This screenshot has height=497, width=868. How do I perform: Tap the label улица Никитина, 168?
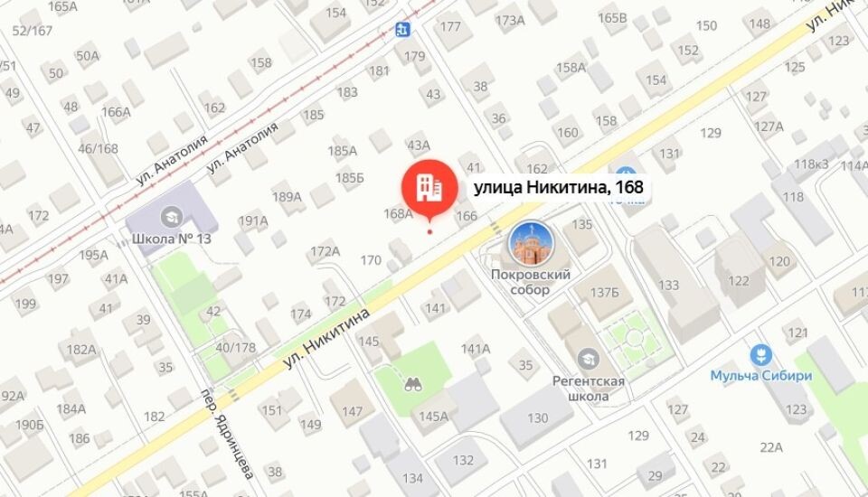[x=558, y=188]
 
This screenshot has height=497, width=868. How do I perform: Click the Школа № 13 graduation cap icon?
[x=169, y=216]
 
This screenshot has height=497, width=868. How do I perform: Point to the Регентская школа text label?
[x=589, y=388]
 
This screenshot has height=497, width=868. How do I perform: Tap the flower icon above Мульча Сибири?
[x=760, y=353]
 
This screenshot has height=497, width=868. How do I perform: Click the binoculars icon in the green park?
[x=413, y=383]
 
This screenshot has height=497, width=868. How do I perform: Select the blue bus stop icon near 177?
[x=403, y=30]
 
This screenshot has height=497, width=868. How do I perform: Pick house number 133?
[x=668, y=286]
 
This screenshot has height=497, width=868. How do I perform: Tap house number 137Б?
[x=604, y=292]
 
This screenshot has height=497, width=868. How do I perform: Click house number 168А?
[x=398, y=214]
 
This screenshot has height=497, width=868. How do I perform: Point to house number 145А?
[x=432, y=416]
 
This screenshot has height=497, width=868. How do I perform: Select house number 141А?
[x=475, y=349]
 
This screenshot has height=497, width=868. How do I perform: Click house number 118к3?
[x=811, y=164]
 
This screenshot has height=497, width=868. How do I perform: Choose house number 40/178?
[x=235, y=347]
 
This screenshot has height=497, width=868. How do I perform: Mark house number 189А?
[x=287, y=197]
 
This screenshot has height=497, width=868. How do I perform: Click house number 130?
[x=538, y=417]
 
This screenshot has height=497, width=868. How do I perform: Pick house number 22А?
[x=771, y=446]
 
